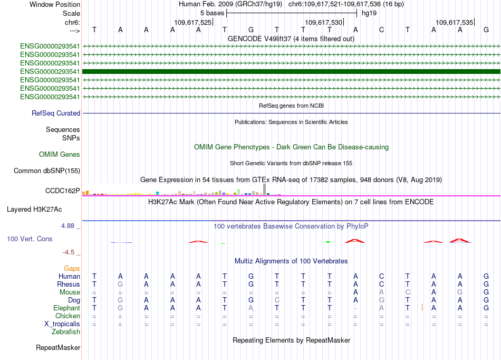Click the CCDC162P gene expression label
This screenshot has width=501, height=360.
[x=63, y=191]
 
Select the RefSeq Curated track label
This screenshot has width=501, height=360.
[x=56, y=113]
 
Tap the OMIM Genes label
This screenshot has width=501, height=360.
[x=60, y=154]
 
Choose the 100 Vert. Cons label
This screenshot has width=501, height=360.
[x=30, y=239]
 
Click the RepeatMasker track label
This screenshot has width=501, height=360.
[x=58, y=347]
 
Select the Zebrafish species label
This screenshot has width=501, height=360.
[x=66, y=331]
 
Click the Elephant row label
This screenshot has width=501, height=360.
[x=66, y=308]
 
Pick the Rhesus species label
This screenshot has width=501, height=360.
[x=68, y=284]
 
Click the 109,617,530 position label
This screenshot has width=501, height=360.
[x=324, y=23]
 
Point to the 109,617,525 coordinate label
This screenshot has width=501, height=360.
[x=192, y=23]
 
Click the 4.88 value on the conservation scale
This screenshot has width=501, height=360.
[x=70, y=225]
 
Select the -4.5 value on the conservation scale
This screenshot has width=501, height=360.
[x=70, y=252]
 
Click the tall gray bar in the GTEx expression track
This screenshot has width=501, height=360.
[x=265, y=188]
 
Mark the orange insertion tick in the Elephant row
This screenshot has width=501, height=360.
[x=422, y=307]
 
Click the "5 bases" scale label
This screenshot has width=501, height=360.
[x=211, y=13]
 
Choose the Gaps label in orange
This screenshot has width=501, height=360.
[x=72, y=268]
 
